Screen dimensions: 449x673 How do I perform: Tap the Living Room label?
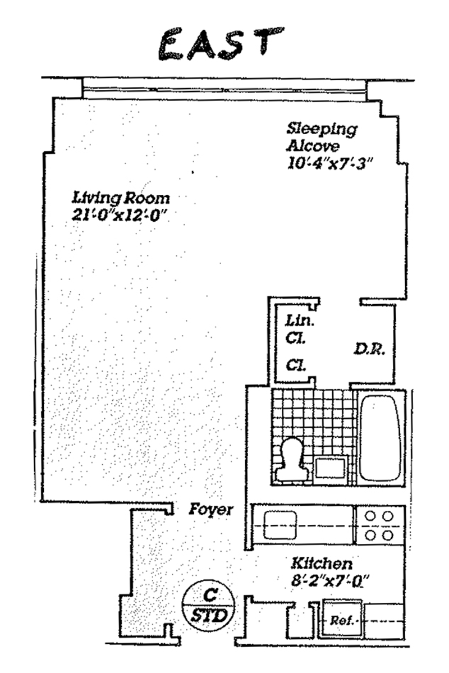[121, 199]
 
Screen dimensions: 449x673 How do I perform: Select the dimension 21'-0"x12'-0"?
[120, 214]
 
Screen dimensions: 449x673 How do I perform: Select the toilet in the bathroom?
[292, 460]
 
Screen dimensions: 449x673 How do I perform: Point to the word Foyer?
[210, 510]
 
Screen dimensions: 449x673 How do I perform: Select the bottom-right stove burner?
[387, 535]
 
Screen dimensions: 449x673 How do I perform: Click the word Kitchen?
[322, 563]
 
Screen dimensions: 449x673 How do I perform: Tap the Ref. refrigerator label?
[342, 621]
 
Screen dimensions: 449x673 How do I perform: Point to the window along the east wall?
[224, 88]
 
